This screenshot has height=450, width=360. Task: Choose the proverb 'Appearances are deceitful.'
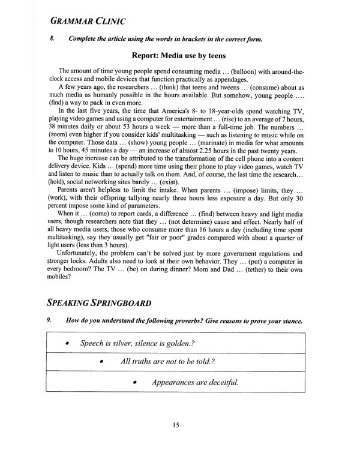click(x=195, y=382)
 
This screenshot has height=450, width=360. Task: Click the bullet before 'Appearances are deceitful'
click(x=136, y=382)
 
